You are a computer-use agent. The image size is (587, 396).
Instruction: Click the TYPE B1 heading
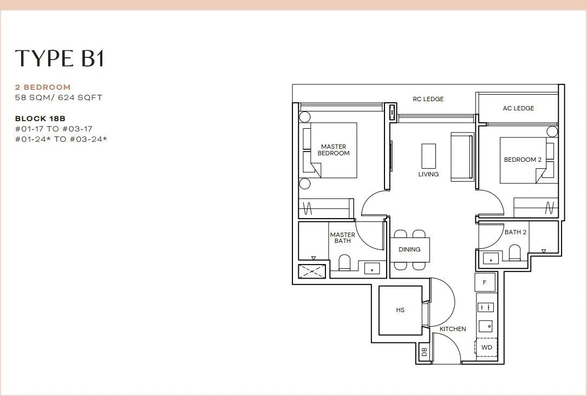(59, 58)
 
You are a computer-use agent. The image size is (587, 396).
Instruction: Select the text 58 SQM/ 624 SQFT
(59, 97)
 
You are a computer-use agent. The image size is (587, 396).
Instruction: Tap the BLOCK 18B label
(41, 118)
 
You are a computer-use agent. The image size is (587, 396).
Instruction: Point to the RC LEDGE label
(428, 99)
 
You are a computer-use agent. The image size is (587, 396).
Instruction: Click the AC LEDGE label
(518, 108)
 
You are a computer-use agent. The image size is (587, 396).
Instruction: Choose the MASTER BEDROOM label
(334, 150)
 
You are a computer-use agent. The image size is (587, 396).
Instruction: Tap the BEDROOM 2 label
(523, 160)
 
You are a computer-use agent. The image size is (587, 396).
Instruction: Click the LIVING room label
(428, 174)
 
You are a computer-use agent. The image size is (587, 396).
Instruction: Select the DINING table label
(409, 249)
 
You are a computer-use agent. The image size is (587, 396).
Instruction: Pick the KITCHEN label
(453, 329)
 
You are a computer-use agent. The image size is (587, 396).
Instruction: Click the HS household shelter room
(400, 310)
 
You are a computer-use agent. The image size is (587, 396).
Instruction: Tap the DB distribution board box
(424, 352)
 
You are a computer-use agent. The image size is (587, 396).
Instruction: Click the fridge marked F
(485, 282)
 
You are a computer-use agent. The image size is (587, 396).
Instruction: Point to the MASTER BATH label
(343, 238)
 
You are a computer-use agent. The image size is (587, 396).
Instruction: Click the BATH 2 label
(516, 232)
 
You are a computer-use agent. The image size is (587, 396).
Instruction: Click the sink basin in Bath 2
(491, 258)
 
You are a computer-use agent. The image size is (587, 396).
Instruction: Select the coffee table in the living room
(429, 156)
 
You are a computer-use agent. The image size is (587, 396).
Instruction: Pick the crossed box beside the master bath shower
(312, 270)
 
